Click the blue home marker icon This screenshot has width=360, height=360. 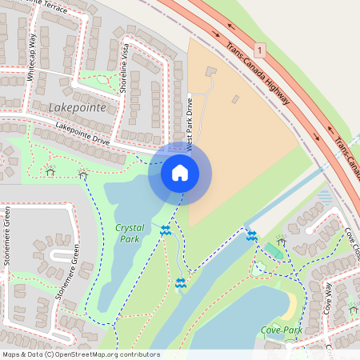point(179,172)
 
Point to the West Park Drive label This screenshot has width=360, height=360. point(190,125)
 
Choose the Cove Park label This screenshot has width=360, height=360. point(281,330)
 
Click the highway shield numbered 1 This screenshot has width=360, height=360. point(260,50)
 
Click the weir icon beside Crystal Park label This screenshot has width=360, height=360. point(165,230)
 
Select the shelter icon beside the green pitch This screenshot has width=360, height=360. point(281,240)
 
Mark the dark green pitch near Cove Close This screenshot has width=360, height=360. point(273,251)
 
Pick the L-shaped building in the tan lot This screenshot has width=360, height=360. point(210,72)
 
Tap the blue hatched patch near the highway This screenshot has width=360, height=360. point(324,196)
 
